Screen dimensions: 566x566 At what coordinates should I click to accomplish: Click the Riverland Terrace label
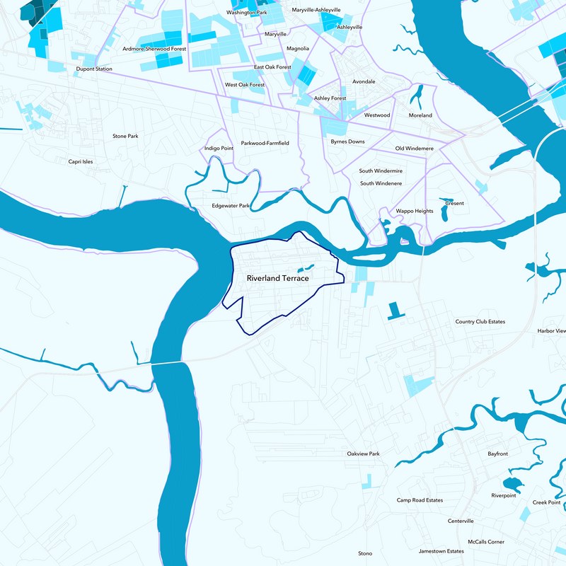277,279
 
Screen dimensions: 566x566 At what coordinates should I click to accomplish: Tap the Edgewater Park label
231,206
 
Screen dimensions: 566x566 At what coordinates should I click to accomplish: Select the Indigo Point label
219,149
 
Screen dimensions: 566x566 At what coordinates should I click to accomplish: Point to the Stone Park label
125,136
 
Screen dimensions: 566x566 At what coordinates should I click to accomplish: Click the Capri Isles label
80,161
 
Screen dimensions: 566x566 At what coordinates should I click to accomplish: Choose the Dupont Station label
94,69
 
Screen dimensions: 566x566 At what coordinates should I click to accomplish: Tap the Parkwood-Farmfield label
265,143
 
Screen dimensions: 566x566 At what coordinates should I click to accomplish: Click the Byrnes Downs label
347,141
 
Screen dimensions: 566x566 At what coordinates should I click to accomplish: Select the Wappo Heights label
414,211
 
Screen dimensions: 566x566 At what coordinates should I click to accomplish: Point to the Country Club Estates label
480,322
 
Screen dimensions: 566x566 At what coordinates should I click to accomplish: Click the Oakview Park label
363,454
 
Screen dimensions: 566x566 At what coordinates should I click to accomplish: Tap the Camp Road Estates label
420,500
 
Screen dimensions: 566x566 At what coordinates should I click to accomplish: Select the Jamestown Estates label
441,551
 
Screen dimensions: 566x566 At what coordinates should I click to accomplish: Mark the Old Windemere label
414,149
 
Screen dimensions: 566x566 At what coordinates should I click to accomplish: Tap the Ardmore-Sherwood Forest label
154,50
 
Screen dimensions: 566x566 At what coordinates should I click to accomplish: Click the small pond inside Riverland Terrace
306,268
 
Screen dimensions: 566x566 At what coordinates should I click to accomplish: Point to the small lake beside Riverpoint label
513,485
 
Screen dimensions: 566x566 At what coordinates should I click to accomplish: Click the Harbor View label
551,330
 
